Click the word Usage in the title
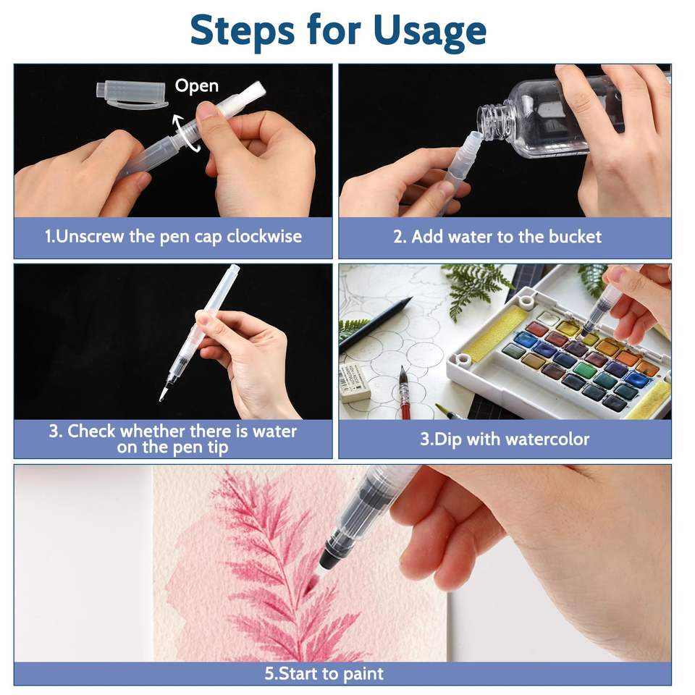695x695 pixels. pos(429,31)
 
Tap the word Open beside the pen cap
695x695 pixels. pos(196,86)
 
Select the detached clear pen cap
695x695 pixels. pos(131,94)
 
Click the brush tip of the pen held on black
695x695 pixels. pos(163,394)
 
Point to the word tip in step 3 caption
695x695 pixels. pos(218,447)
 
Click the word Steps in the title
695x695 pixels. pos(242,31)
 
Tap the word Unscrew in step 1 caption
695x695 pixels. pos(90,237)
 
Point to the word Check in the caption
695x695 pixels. pos(91,431)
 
